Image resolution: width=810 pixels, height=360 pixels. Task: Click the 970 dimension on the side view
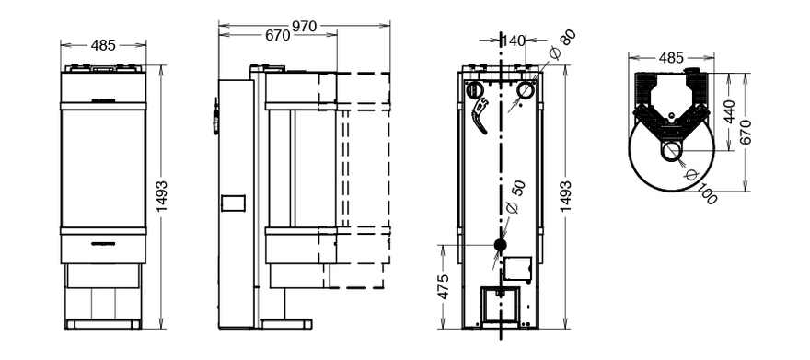point(305,27)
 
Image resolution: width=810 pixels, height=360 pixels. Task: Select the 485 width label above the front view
point(103,45)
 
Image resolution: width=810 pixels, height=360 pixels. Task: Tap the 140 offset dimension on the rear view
point(513,41)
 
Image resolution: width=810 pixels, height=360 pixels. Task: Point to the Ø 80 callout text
point(561,45)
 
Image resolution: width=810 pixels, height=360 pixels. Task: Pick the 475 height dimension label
point(444,286)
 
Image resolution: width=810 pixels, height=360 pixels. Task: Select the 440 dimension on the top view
point(728,112)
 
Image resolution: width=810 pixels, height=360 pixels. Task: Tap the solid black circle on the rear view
point(500,245)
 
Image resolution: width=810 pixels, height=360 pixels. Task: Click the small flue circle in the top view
point(671,151)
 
